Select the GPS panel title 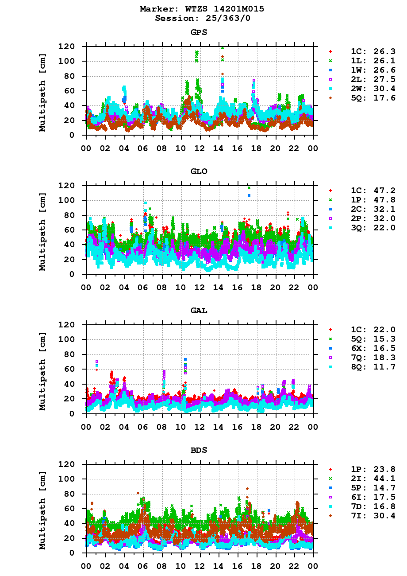(199, 32)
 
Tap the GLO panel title (199, 171)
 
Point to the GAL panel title (199, 311)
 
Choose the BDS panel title (199, 450)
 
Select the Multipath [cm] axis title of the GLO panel (42, 231)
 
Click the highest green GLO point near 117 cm (249, 188)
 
